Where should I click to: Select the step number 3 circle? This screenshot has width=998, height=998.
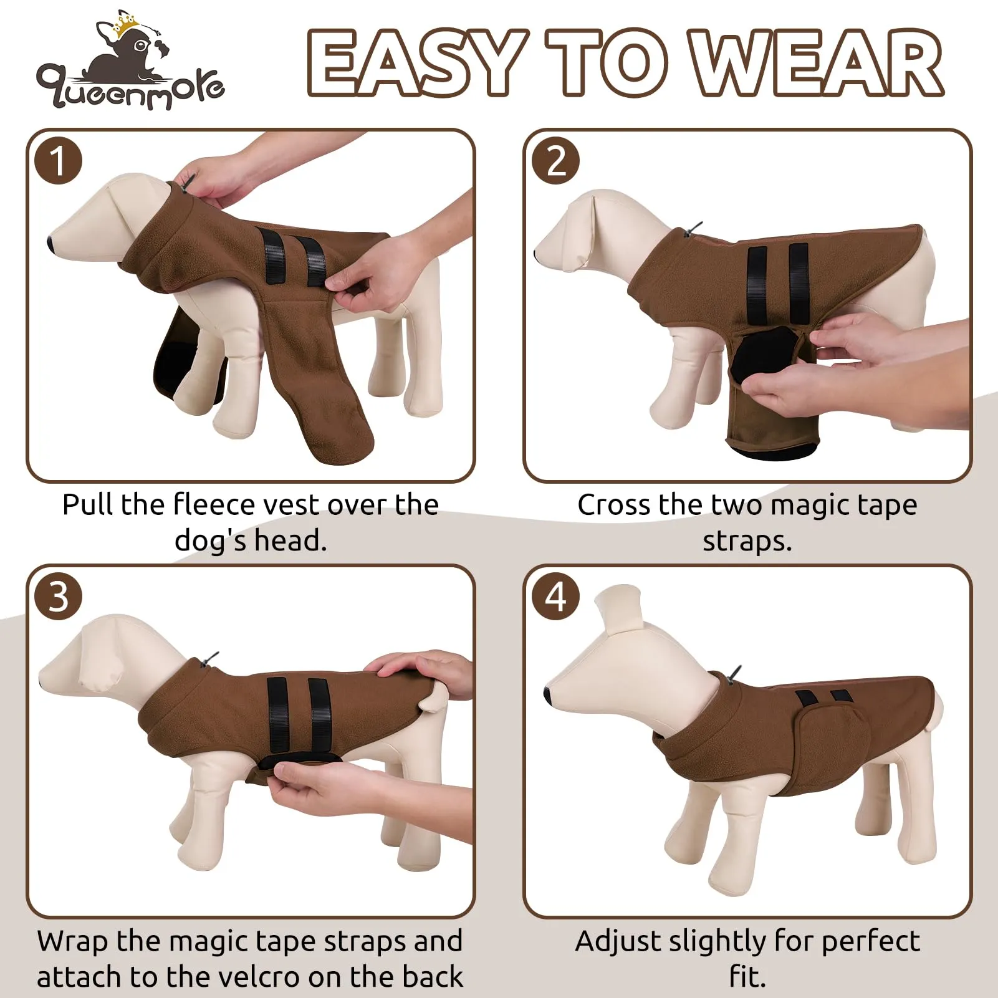[x=58, y=597]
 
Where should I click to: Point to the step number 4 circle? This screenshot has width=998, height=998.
[x=555, y=597]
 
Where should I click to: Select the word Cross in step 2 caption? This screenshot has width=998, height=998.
[x=614, y=504]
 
